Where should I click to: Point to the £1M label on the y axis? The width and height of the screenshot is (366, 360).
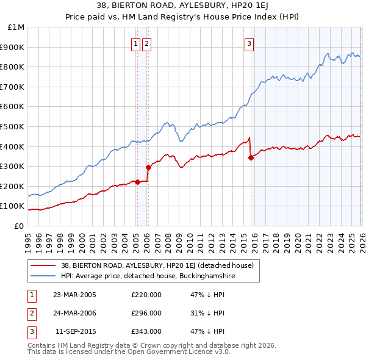coord(16,27)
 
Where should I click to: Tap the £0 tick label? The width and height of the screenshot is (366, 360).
coord(20,226)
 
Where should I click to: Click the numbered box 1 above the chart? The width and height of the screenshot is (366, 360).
coord(137,43)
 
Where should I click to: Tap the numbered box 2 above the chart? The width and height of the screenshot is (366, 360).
coord(147,43)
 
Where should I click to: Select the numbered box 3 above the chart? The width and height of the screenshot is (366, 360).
coord(249,43)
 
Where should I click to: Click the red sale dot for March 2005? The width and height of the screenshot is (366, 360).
coord(137,182)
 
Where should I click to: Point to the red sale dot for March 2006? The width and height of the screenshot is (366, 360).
coord(148,167)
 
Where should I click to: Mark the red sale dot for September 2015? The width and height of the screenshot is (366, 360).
coord(251,157)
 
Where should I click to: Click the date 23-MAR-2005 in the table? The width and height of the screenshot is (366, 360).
coord(74,295)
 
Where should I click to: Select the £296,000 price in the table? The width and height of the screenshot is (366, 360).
coord(146,313)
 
